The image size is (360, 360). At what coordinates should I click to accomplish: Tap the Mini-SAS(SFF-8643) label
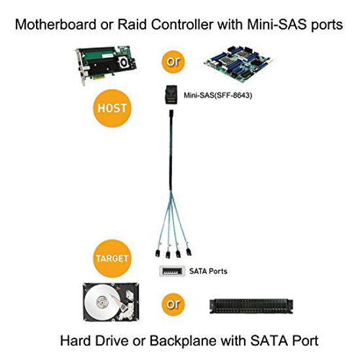pyautogui.click(x=218, y=94)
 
